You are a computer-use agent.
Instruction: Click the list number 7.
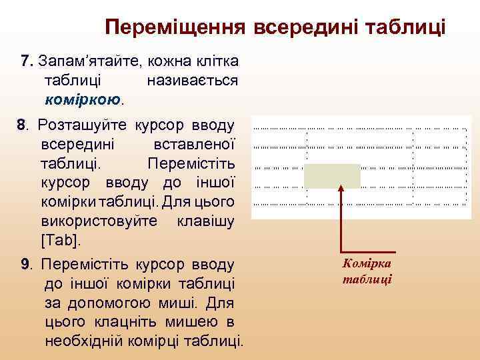pyautogui.click(x=26, y=61)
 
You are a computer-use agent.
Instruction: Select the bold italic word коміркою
pyautogui.click(x=83, y=100)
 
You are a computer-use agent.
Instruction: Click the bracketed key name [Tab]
pyautogui.click(x=65, y=239)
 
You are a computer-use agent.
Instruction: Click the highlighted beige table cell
pyautogui.click(x=332, y=176)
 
